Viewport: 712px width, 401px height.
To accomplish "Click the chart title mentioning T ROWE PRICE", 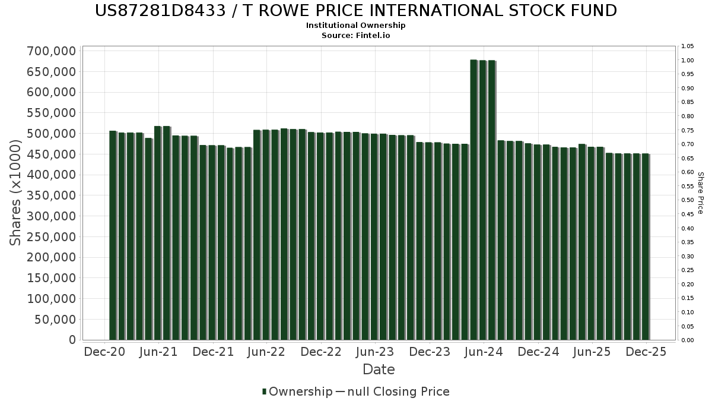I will click(x=356, y=11).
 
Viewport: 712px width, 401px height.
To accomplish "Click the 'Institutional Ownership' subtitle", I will click(x=356, y=26).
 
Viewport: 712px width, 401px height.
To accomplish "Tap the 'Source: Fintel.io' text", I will click(x=356, y=35).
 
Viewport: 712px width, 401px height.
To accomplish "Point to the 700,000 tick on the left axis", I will click(x=52, y=51).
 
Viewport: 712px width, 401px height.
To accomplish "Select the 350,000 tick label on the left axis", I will click(x=52, y=196).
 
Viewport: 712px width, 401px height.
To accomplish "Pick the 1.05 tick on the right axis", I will click(x=687, y=46).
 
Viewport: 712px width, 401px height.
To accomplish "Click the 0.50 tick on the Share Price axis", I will click(x=687, y=200).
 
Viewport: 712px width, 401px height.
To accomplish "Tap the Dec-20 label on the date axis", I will click(x=104, y=352).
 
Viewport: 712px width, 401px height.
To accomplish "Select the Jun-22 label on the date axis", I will click(x=267, y=352).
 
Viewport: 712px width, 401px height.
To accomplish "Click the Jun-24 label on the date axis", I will click(x=484, y=352).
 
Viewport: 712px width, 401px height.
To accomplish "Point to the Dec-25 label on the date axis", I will click(x=646, y=352).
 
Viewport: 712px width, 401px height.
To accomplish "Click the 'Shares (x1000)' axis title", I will click(x=16, y=196).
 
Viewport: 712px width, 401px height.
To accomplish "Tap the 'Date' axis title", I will click(x=379, y=370).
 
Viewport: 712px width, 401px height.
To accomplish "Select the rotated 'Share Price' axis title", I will click(x=700, y=193).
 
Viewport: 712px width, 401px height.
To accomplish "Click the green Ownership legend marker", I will click(x=264, y=391).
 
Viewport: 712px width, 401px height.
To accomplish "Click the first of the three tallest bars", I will click(x=474, y=200).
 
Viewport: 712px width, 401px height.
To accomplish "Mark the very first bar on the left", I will click(x=113, y=235).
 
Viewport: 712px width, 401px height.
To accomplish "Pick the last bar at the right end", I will click(x=646, y=247).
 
